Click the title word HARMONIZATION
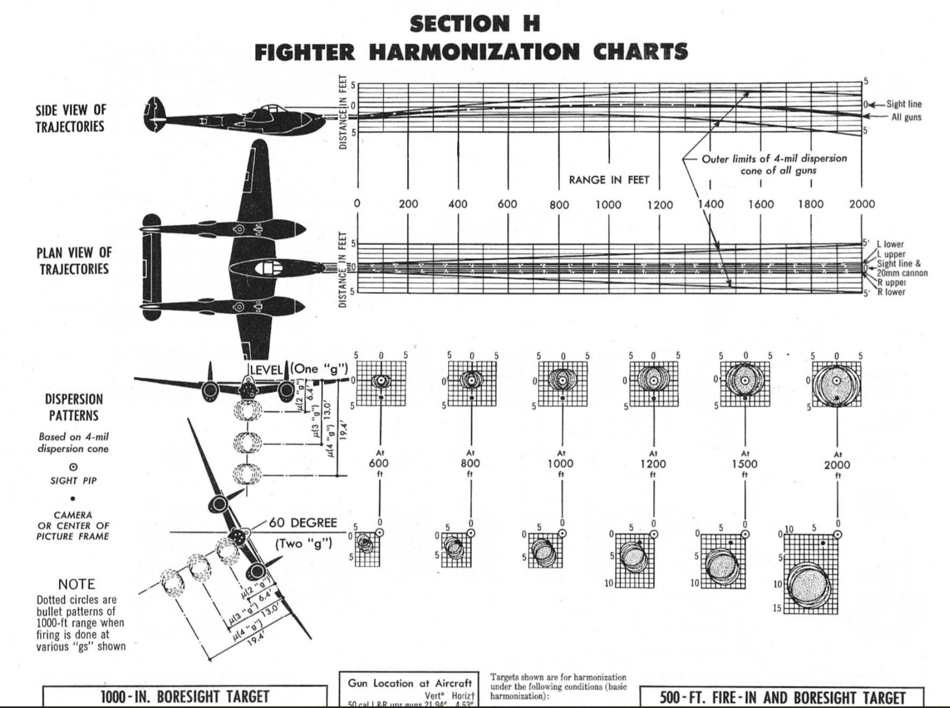474,52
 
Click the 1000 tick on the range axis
608,205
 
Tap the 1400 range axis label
710,204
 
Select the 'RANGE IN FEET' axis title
609,180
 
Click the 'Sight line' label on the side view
903,104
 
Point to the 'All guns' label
906,117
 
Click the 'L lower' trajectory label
890,244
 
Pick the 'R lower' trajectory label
891,292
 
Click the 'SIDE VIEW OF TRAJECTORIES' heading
70,118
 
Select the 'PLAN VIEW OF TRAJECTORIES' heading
74,261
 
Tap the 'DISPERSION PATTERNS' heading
74,407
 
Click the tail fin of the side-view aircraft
154,115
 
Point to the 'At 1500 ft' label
745,464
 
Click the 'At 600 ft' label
379,463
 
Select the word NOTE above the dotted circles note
76,584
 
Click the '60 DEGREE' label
303,523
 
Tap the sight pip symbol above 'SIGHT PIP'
73,467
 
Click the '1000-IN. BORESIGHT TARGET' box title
184,697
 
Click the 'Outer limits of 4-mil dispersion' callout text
774,159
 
